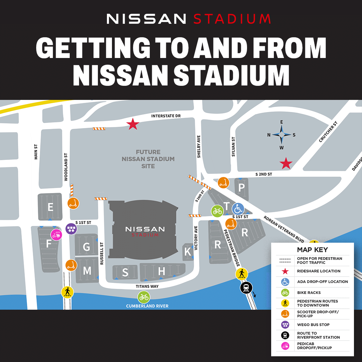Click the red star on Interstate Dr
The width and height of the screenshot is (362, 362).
133,124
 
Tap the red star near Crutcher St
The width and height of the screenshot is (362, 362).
286,164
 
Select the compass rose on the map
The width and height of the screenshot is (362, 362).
282,135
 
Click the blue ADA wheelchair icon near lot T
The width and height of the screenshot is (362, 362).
238,209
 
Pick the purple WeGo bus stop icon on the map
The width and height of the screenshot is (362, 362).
71,229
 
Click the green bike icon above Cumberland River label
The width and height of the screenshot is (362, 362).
143,297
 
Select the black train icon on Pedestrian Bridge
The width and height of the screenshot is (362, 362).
246,288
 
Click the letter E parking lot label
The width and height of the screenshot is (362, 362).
50,207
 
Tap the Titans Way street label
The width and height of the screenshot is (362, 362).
147,286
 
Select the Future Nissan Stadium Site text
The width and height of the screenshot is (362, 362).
148,159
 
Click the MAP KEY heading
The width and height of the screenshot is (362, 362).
312,250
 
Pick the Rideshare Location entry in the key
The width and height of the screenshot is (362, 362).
318,271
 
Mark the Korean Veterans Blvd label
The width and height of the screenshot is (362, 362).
283,229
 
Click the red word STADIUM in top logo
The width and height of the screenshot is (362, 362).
232,19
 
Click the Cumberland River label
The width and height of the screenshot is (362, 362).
147,306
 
